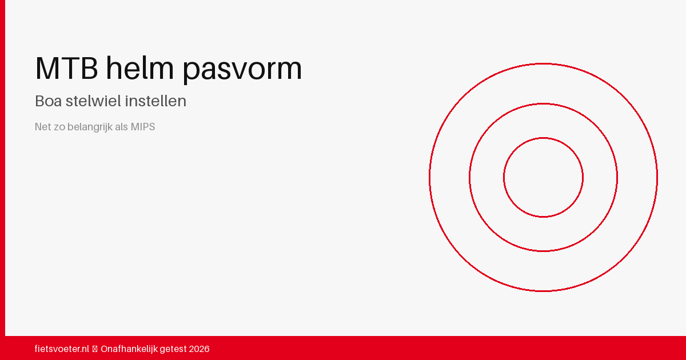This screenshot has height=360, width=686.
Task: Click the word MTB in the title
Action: click(x=66, y=68)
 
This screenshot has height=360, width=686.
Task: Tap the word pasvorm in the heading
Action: click(x=242, y=70)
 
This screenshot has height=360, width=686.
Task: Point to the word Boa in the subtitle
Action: click(x=48, y=101)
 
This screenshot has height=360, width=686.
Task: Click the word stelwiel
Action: click(x=93, y=101)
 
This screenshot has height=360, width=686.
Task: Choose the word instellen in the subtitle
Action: click(x=155, y=101)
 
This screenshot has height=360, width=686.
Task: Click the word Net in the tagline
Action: click(x=42, y=127)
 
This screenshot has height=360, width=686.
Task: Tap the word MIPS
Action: click(x=143, y=127)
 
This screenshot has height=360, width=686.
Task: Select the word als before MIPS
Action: click(x=121, y=126)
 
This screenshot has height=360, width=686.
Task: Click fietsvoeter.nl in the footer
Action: click(x=62, y=349)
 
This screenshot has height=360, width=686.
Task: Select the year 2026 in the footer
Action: click(x=199, y=349)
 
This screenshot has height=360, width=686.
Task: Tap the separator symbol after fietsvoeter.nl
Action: click(x=95, y=349)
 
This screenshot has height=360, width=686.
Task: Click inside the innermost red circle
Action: click(x=543, y=178)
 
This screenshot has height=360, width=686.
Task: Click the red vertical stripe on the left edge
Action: click(x=2, y=168)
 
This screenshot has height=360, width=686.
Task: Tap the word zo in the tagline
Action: click(x=59, y=127)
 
